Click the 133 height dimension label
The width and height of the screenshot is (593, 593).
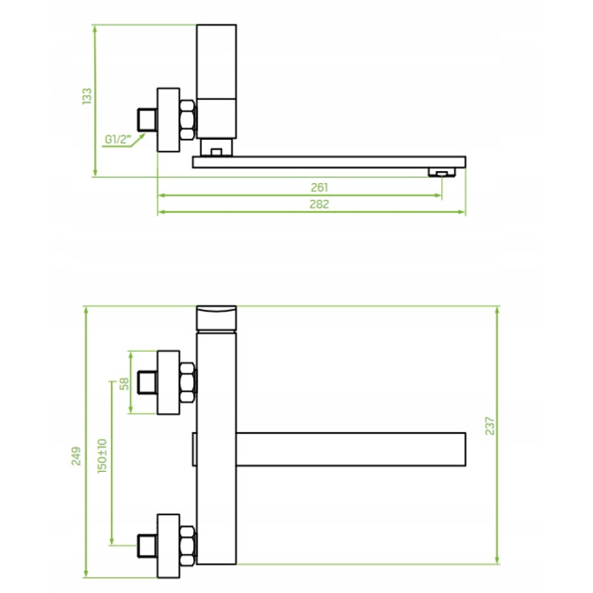tap(87, 96)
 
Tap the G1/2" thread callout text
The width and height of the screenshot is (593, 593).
tap(118, 140)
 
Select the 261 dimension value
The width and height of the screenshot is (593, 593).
tap(319, 187)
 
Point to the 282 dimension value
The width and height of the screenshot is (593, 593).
tap(319, 204)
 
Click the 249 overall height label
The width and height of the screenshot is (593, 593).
tap(76, 456)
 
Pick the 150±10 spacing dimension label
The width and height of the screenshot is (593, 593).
tap(103, 456)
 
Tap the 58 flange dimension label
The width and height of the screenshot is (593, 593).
tap(124, 384)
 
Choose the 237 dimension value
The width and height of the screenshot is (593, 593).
tap(490, 426)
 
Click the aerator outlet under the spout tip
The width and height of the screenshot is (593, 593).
tap(441, 173)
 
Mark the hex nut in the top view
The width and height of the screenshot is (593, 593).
tap(188, 119)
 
